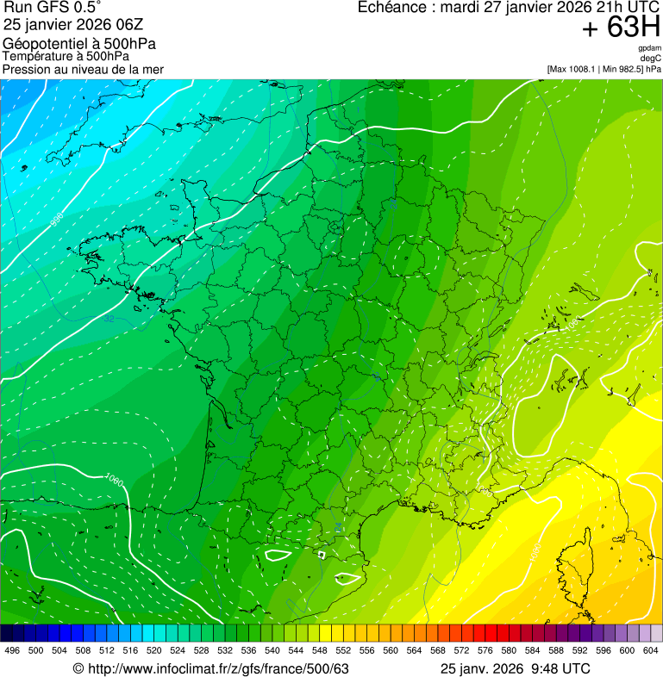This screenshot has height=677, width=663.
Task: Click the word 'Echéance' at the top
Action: tap(391, 8)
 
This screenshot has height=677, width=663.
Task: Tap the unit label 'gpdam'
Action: tap(649, 48)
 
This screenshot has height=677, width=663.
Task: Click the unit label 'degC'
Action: tap(651, 59)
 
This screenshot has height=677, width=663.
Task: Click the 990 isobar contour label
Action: tap(58, 220)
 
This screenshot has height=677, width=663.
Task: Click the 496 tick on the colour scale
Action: tap(12, 650)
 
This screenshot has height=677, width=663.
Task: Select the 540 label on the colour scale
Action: tap(272, 650)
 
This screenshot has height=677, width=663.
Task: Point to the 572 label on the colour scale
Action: tap(462, 650)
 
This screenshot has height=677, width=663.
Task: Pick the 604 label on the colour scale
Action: tap(650, 650)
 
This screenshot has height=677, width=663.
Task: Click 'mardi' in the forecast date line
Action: tap(460, 8)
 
